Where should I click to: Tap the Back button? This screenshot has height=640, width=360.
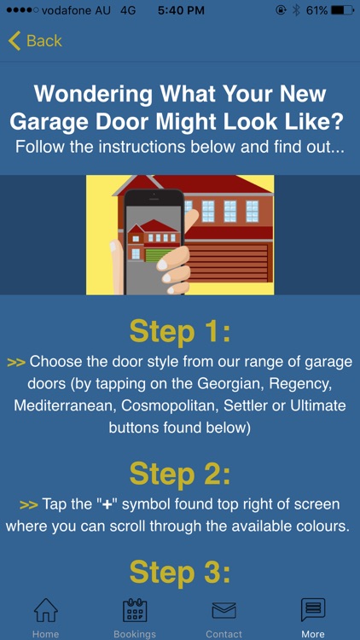(35, 40)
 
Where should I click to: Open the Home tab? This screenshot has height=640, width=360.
(45, 617)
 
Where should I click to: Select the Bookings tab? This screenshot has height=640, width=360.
(136, 617)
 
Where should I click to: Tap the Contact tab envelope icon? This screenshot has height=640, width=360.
(224, 610)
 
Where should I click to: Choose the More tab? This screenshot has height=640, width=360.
(313, 617)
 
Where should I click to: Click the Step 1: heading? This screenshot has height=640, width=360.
(180, 331)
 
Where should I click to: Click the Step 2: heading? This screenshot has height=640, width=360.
(180, 473)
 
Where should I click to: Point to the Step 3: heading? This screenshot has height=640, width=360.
(180, 573)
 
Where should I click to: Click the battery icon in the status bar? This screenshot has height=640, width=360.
(342, 10)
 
